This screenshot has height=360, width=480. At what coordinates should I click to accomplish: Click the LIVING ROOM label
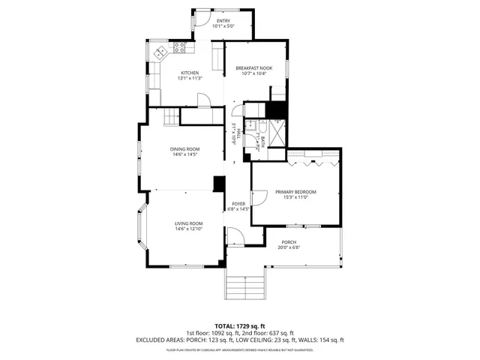coord(189,223)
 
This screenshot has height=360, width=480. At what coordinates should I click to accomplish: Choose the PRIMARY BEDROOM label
coord(295,192)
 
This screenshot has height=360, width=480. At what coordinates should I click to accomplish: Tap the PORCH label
coord(289,241)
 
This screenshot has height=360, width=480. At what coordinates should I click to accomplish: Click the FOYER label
coord(238,203)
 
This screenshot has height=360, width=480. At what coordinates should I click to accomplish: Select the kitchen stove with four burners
coord(180,46)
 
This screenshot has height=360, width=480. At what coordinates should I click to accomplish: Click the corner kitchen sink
coord(159,52)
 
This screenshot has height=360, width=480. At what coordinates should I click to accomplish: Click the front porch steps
coord(245,286)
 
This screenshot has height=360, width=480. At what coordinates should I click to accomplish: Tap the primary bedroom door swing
coord(259,197)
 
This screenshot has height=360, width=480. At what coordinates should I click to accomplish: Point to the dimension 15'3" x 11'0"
coord(295,198)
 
